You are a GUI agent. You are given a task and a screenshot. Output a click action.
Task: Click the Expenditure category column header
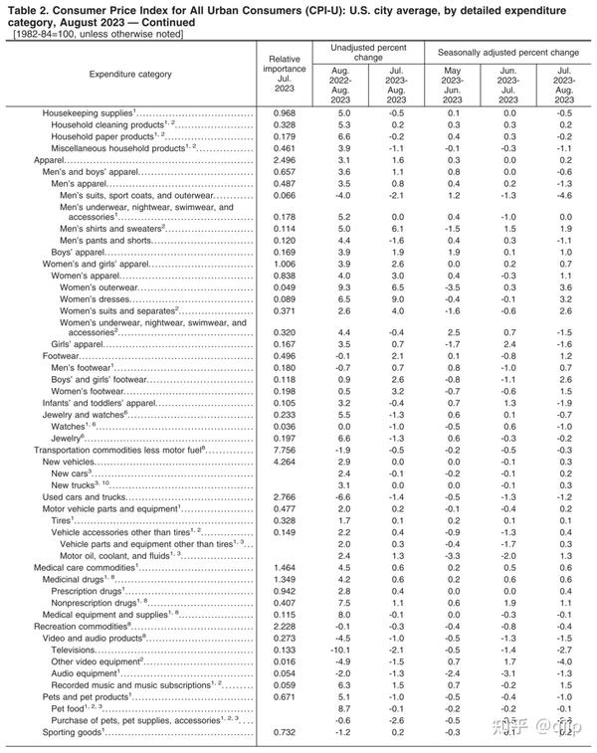[x=130, y=75]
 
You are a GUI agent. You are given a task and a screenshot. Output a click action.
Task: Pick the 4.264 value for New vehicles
[x=286, y=463]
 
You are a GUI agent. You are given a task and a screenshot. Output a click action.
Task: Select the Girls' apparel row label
[x=78, y=343]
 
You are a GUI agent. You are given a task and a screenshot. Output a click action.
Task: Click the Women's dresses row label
[x=95, y=298]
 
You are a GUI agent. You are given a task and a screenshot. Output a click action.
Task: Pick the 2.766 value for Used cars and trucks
[x=286, y=496]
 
